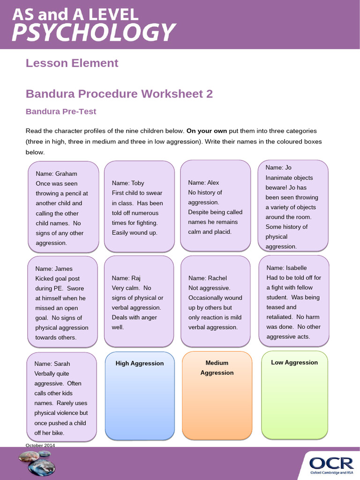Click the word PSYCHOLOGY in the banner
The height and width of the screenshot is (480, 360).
click(x=94, y=33)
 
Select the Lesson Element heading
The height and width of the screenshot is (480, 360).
click(x=72, y=63)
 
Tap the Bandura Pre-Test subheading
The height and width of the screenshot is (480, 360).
click(x=61, y=112)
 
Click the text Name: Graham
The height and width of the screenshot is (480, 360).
click(x=56, y=173)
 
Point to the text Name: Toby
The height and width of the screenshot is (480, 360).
click(x=128, y=183)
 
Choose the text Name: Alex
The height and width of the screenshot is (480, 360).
click(x=203, y=183)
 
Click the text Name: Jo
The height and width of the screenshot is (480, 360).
click(x=278, y=167)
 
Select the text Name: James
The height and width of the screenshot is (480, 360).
click(x=54, y=269)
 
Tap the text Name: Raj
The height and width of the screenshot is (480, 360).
click(x=126, y=278)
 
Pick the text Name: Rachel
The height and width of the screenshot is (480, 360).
click(x=207, y=278)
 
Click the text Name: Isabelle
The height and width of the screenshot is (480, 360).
click(x=286, y=268)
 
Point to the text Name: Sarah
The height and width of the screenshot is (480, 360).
click(x=52, y=363)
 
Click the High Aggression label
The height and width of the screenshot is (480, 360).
click(x=140, y=363)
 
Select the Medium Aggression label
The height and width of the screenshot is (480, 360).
click(x=217, y=367)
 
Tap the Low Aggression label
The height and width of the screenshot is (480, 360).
click(x=294, y=362)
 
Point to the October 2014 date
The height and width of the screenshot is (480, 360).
click(x=40, y=445)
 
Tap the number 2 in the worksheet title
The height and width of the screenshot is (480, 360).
click(x=210, y=94)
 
